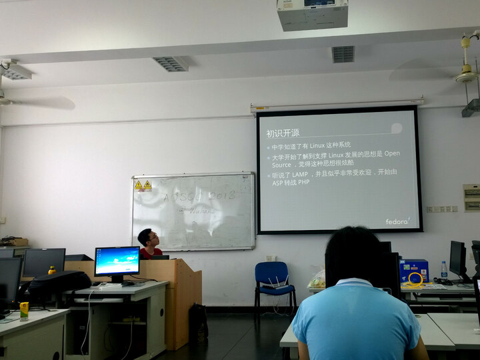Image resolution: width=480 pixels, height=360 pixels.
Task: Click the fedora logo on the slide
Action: click(397, 221)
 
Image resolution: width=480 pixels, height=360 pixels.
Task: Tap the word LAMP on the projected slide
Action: click(301, 173)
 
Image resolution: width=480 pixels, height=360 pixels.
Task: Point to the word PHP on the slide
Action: click(303, 182)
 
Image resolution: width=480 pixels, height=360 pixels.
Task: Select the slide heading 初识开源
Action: click(283, 133)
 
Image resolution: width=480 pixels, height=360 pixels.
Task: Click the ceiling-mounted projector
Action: click(312, 14)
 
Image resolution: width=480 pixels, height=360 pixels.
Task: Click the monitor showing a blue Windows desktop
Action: click(117, 261)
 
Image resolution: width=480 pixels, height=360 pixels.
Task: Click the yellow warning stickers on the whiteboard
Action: click(143, 185)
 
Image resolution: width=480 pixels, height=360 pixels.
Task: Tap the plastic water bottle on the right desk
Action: click(444, 271)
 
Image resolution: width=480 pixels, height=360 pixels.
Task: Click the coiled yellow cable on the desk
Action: click(415, 278)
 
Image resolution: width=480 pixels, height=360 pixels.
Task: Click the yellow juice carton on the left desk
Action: click(25, 310)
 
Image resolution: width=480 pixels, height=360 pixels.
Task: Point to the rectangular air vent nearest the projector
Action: click(343, 54)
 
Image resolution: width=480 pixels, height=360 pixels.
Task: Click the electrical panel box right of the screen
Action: click(471, 197)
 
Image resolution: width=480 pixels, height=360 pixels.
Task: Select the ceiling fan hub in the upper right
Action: click(466, 75)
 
